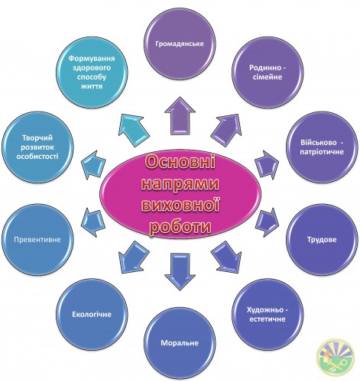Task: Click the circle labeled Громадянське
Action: tap(180, 44)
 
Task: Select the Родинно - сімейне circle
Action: tap(268, 73)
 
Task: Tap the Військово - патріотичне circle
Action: tap(322, 147)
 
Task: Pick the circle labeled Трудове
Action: tap(322, 239)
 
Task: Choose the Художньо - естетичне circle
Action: tap(268, 314)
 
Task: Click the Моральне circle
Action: tap(180, 343)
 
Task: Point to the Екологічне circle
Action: tap(92, 314)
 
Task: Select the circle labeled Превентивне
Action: tap(37, 239)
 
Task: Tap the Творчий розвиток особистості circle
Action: tap(37, 147)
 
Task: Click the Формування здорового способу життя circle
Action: tap(92, 73)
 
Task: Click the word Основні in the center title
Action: tap(180, 163)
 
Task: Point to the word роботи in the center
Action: tap(180, 226)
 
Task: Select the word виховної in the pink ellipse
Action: tap(180, 206)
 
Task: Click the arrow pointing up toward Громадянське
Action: tap(180, 116)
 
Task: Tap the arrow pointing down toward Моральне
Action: tap(180, 271)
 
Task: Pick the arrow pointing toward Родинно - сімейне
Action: tap(226, 130)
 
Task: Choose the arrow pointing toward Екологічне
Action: tap(134, 257)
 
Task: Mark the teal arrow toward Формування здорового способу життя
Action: tap(134, 130)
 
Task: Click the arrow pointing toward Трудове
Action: tap(268, 222)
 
